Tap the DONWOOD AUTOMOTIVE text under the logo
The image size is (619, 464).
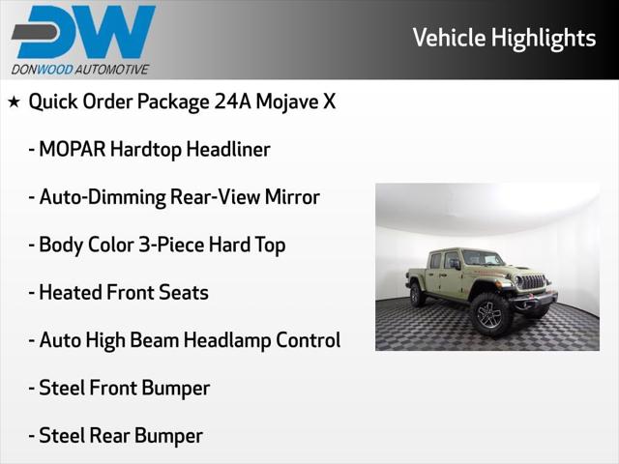[80, 69]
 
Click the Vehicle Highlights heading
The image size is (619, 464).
[504, 38]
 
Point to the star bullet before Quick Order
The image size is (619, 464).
[14, 101]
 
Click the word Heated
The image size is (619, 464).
[70, 292]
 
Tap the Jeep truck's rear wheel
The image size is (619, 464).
[418, 295]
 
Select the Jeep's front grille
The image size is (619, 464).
[532, 282]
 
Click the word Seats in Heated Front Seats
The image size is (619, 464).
[184, 292]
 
